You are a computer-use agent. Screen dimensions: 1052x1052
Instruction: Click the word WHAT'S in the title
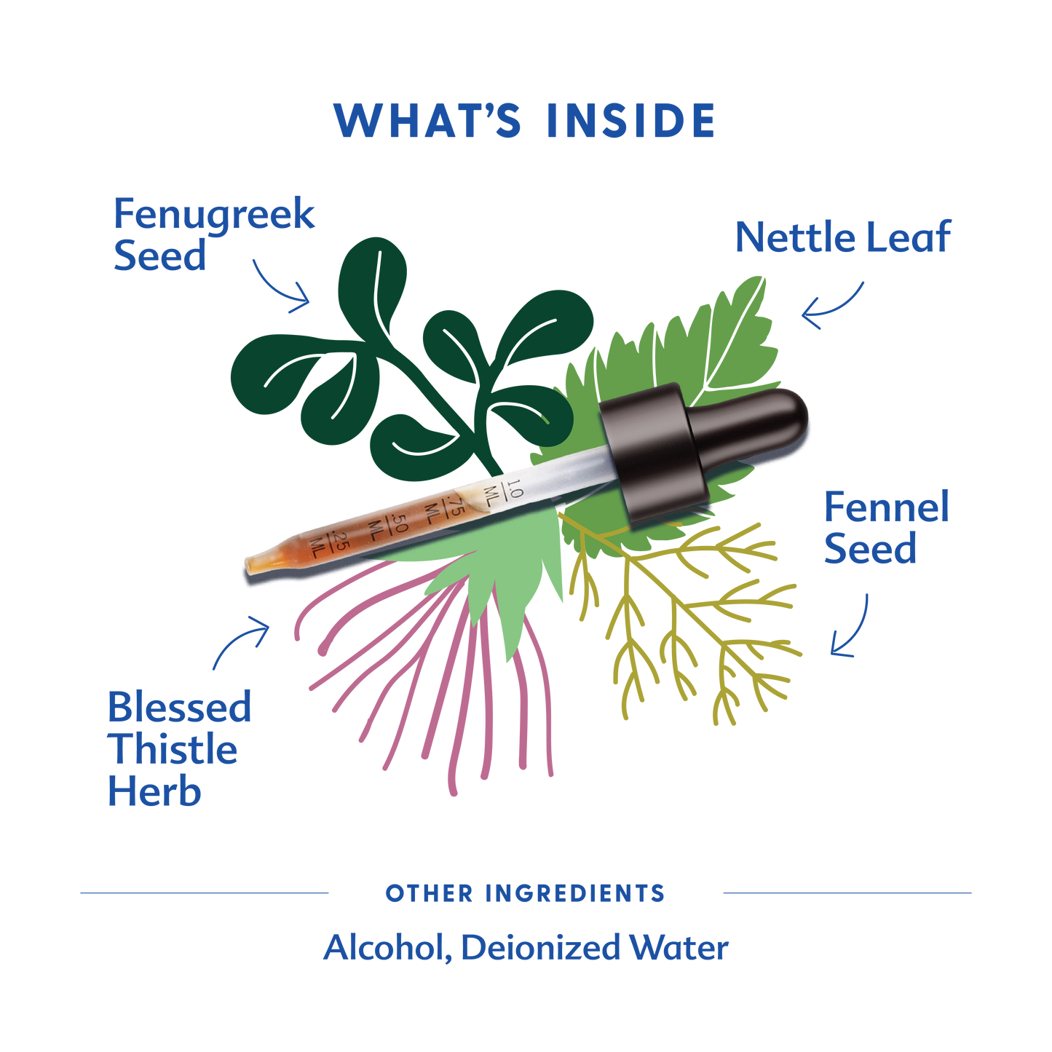427,120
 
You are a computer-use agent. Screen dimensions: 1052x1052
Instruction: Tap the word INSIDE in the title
630,120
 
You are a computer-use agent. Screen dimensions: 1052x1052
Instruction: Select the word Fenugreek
214,215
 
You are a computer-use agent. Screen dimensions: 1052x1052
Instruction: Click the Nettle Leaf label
844,237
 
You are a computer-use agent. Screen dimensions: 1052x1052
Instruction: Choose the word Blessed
180,706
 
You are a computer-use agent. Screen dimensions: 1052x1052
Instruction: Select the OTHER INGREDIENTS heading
525,894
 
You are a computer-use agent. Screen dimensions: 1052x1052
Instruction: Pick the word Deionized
540,949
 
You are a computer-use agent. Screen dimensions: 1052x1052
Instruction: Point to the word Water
679,948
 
